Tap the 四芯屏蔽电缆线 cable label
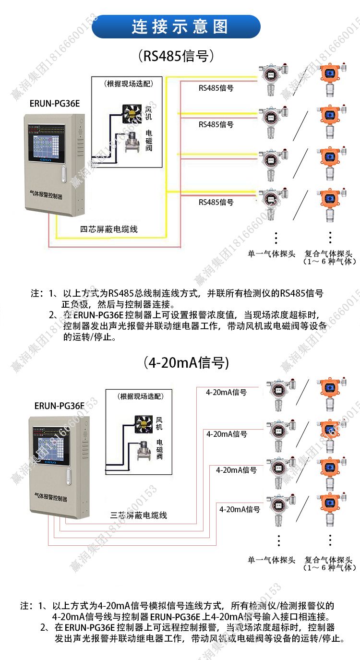pyautogui.click(x=109, y=229)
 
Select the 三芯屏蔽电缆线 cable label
pyautogui.click(x=139, y=516)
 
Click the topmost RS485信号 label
pyautogui.click(x=216, y=88)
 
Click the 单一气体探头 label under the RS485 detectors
pyautogui.click(x=271, y=253)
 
